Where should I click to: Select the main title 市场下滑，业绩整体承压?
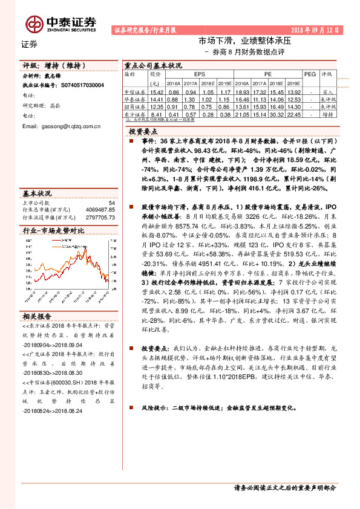[246, 42]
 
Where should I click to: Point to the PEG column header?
[310, 73]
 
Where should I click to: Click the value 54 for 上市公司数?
[111, 203]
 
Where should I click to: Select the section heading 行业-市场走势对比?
[53, 231]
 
